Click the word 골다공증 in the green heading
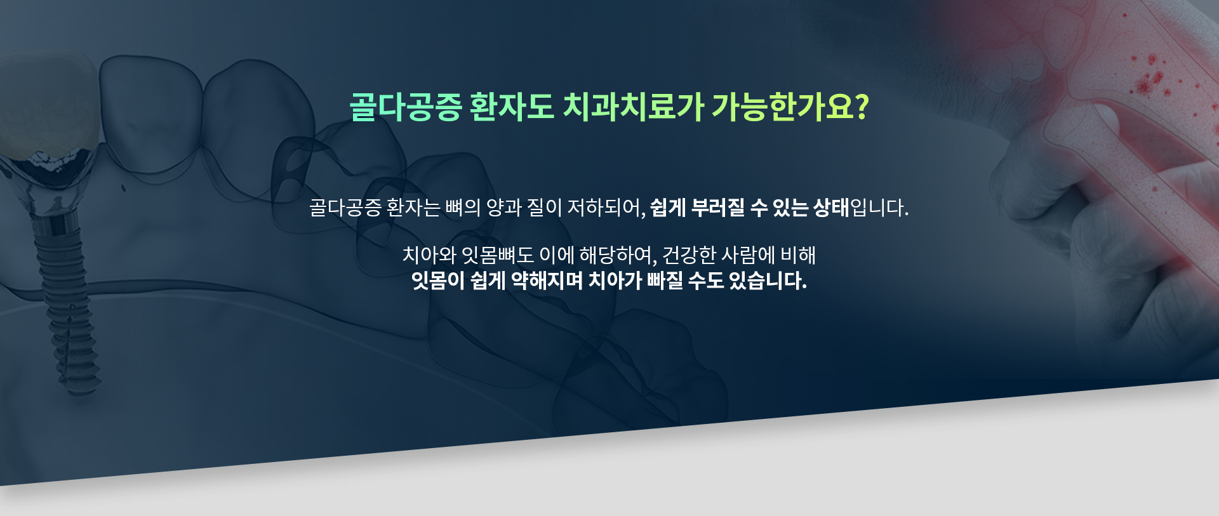[406, 106]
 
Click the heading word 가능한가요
[783, 106]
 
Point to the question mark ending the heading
[862, 107]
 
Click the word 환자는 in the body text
[413, 208]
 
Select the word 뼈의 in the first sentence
[463, 208]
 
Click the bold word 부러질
[717, 208]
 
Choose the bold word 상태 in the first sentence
[831, 208]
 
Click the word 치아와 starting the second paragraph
[429, 255]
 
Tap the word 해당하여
[615, 255]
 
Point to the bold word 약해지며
[547, 281]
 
